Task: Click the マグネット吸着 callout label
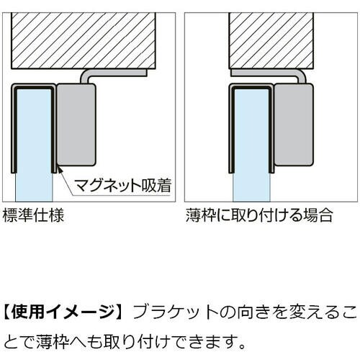[x=122, y=185]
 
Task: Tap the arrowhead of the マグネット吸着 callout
[x=58, y=169]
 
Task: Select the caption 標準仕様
[x=33, y=215]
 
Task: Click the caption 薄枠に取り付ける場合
[x=259, y=215]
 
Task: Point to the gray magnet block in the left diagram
[x=76, y=125]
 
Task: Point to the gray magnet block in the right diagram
[x=294, y=125]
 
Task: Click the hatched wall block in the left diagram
[x=84, y=41]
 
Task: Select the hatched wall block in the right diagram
[x=271, y=41]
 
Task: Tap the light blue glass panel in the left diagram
[x=34, y=144]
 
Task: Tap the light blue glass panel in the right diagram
[x=251, y=144]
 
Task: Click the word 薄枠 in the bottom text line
[x=53, y=341]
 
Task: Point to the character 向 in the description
[x=245, y=312]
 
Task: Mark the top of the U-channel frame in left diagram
[x=34, y=86]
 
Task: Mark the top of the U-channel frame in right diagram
[x=251, y=86]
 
